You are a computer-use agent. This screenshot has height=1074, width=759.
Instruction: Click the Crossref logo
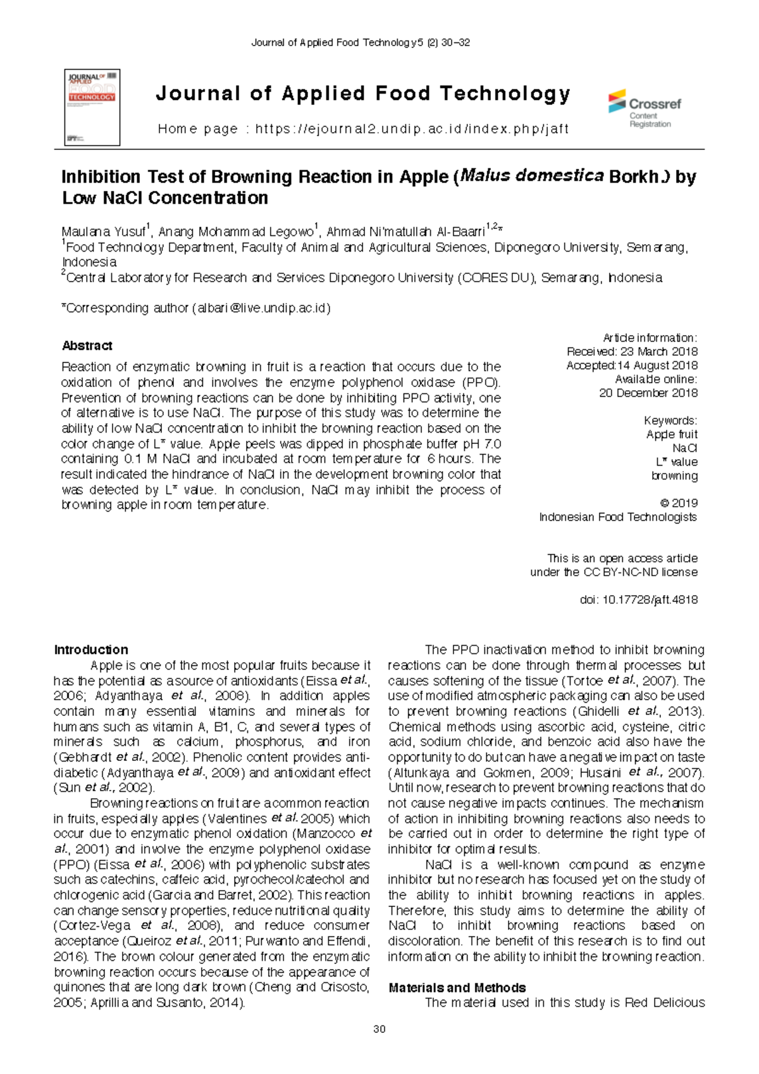point(645,109)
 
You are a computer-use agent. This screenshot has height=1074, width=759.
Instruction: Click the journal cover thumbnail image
point(92,108)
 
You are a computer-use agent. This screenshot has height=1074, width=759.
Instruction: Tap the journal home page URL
point(412,129)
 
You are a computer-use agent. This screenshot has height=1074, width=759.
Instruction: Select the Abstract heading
point(87,346)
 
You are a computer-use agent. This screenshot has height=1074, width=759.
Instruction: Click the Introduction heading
point(91,650)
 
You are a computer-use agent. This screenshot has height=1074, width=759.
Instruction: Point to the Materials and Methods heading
point(457,988)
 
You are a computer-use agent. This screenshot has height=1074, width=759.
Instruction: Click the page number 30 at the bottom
point(379,1029)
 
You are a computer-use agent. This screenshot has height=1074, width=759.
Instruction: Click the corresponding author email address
point(264,308)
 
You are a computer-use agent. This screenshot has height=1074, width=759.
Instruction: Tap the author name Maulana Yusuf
point(104,232)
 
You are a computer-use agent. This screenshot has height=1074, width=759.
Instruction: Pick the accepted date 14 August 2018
point(658,366)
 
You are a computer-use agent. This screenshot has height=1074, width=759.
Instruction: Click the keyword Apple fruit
point(672,435)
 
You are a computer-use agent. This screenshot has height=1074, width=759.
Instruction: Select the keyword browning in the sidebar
point(674,476)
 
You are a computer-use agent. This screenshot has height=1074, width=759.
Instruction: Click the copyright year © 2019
point(679,503)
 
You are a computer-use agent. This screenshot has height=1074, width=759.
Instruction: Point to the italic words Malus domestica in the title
point(531,176)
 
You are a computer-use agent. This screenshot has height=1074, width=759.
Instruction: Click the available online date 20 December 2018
point(648,393)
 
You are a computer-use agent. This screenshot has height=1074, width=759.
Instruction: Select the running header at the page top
point(361,43)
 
